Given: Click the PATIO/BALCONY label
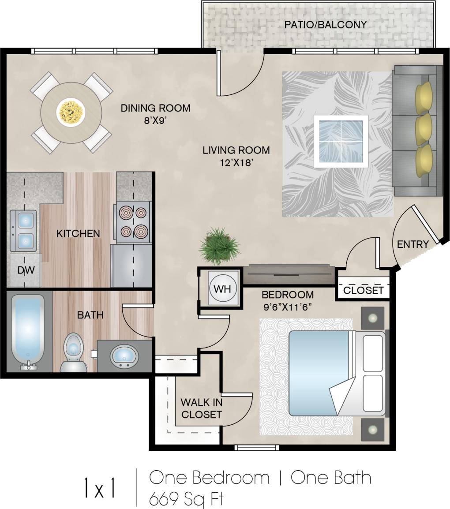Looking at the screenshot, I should click(325, 24).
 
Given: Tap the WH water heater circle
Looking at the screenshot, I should click(222, 289).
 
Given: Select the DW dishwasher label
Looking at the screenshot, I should click(26, 270).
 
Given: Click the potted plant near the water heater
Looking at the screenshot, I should click(219, 246).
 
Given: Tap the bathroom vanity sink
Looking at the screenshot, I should click(123, 355).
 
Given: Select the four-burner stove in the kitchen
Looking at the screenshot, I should click(133, 222).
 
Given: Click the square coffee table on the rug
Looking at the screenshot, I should click(341, 141).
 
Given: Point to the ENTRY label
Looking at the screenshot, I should click(413, 244).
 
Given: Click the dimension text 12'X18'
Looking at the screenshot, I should click(236, 162).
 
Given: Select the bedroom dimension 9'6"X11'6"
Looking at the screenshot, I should click(288, 307).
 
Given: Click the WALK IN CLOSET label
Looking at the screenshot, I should click(201, 408).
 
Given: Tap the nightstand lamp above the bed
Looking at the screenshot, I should click(373, 318).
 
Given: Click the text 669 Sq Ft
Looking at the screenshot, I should click(187, 498).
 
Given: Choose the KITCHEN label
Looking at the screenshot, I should click(78, 233).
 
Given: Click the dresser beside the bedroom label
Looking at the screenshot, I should click(289, 275).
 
